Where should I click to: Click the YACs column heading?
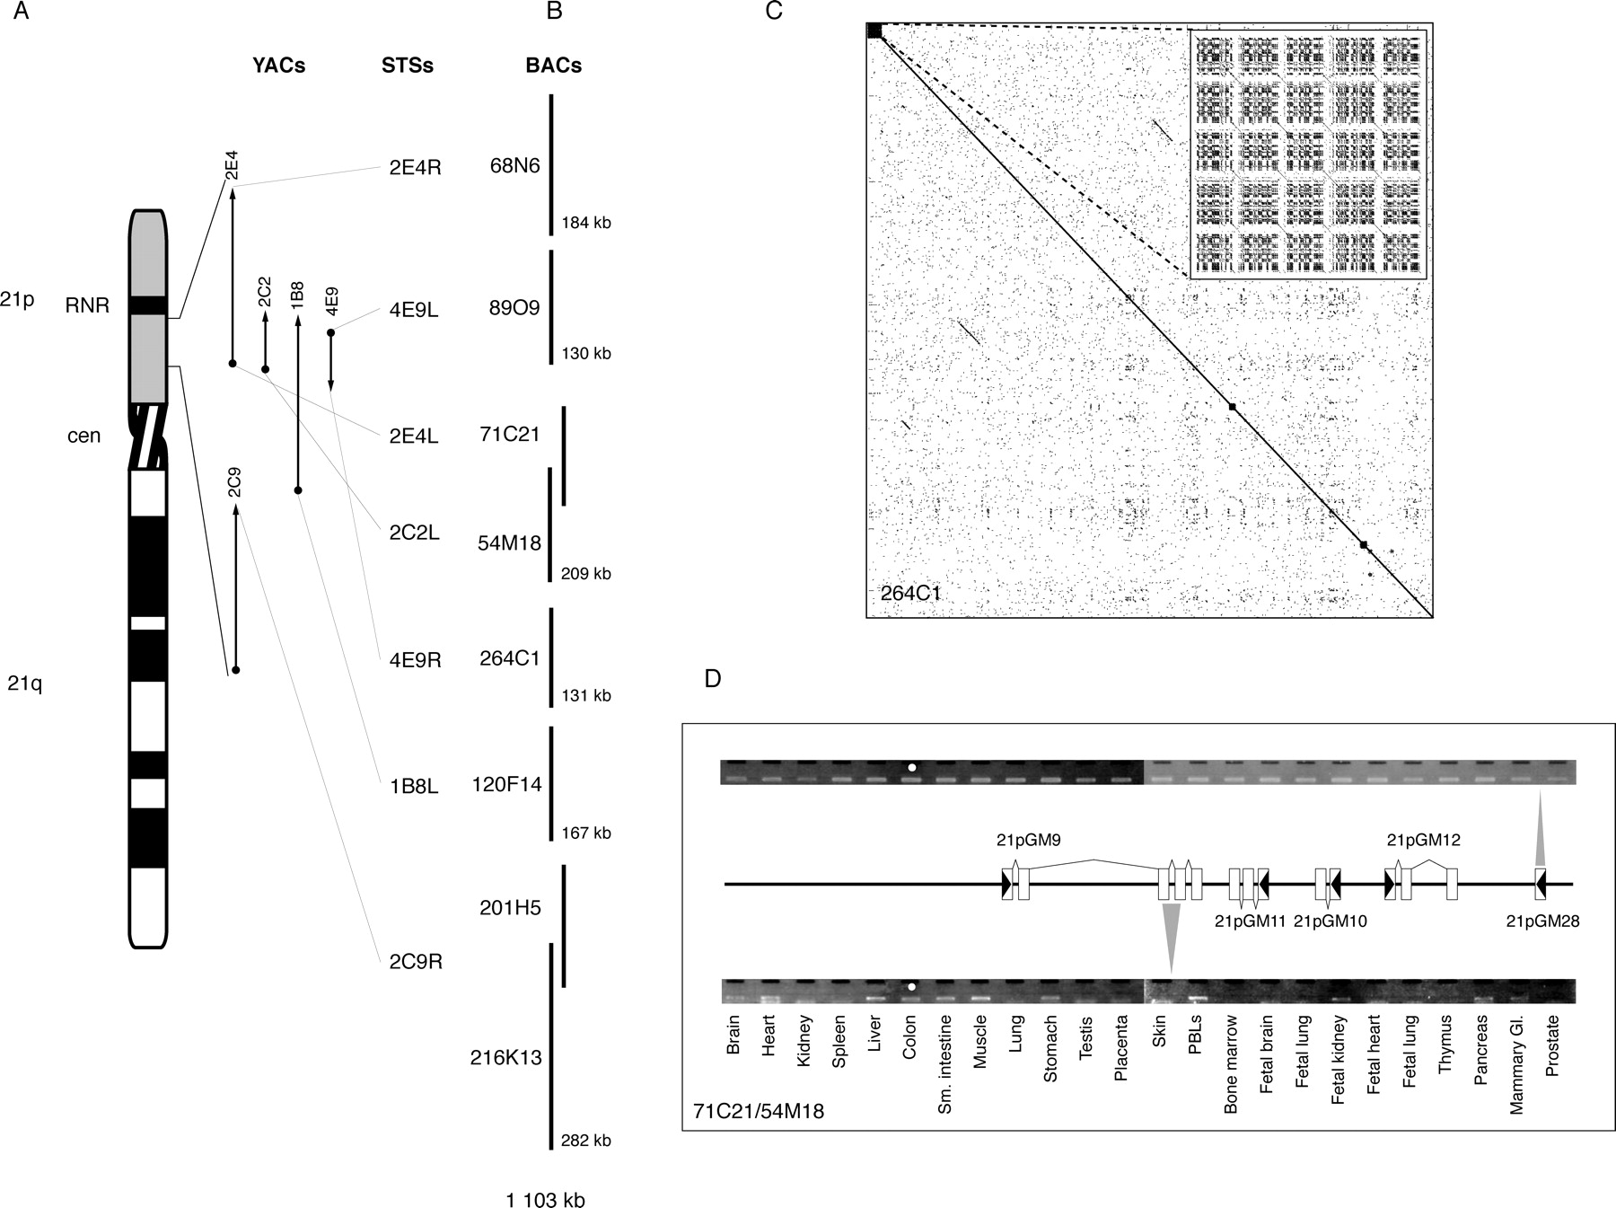click(278, 66)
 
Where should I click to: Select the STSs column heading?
click(408, 66)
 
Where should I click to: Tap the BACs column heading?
click(553, 66)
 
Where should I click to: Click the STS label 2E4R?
click(415, 168)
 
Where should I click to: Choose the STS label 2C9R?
click(415, 962)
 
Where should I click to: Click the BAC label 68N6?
click(515, 165)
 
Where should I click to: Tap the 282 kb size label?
click(586, 1141)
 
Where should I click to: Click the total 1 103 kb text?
click(545, 1200)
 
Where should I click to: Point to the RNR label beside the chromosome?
click(87, 305)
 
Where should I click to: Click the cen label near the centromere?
click(84, 436)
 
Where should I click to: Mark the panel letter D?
click(713, 679)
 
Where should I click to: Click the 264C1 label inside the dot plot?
click(910, 593)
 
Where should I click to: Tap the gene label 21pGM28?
click(1542, 921)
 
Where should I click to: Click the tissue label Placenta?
click(1120, 1060)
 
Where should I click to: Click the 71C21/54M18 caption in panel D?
click(759, 1111)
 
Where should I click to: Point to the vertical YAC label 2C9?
click(233, 482)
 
